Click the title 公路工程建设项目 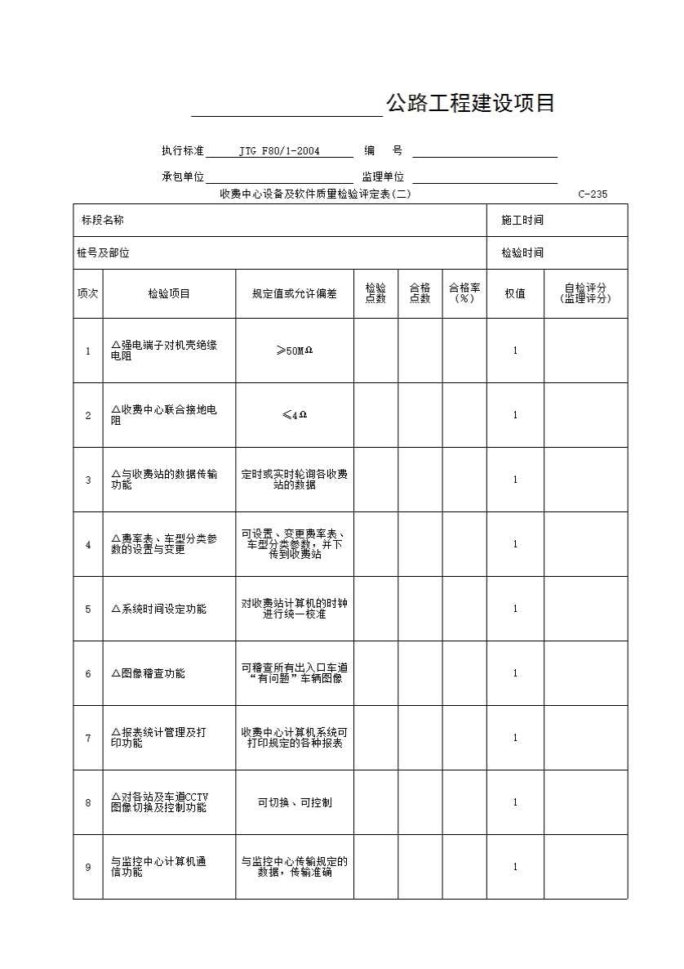tap(470, 103)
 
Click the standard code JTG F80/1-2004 tap(279, 151)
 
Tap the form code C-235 tap(592, 194)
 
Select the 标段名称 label tap(102, 221)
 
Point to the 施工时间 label tap(522, 221)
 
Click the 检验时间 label tap(522, 253)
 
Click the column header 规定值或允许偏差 tap(294, 293)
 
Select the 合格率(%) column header tap(464, 293)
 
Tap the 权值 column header tap(515, 293)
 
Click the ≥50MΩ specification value tap(294, 351)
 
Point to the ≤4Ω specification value tap(294, 415)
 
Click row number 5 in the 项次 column tap(88, 609)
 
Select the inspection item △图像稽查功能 tap(148, 673)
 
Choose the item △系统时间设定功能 tap(158, 609)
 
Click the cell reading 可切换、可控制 tap(294, 802)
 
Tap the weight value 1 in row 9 tap(515, 867)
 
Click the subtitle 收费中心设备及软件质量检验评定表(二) tap(315, 194)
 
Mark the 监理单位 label tap(383, 176)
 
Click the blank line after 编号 tap(485, 151)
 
